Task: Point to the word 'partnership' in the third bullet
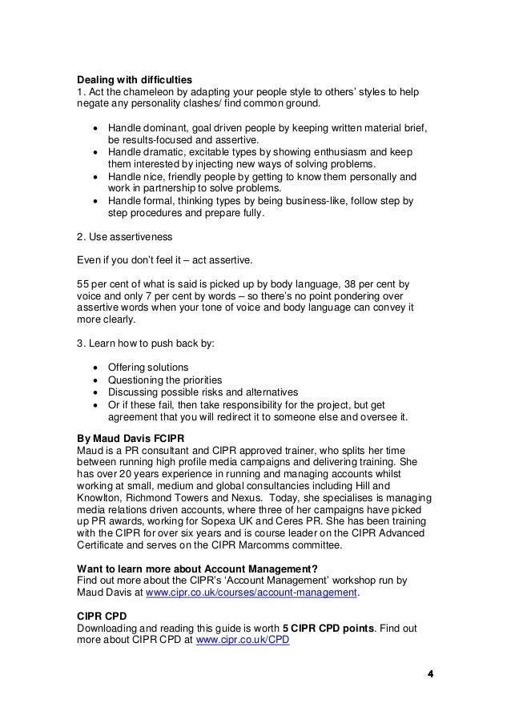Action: pos(164,188)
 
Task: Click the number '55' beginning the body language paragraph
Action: pos(82,284)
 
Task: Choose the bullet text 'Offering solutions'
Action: pos(148,368)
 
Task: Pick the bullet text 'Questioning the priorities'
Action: pos(165,380)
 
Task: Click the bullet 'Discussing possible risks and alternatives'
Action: pos(203,392)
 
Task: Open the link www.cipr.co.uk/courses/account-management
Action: pos(251,593)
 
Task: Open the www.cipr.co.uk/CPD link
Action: pos(242,642)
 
